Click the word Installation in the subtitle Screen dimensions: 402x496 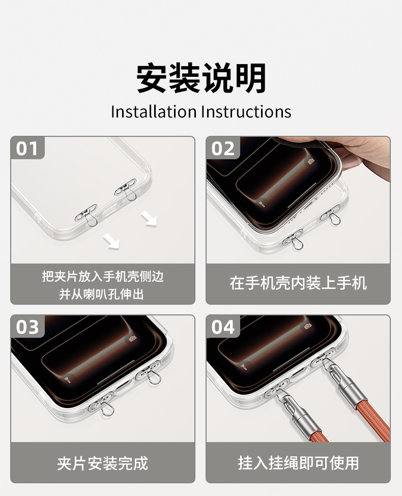coord(154,111)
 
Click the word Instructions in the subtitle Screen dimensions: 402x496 coord(246,111)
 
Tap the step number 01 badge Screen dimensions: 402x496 coord(27,148)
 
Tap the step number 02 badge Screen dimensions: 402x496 coord(223,148)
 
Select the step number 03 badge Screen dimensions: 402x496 coord(27,327)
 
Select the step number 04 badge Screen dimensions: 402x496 coord(223,327)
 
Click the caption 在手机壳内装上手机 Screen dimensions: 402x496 coord(298,283)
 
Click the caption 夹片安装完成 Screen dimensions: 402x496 coord(103,463)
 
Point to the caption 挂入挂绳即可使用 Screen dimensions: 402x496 coord(298,463)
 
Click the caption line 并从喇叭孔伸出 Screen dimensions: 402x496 coord(101,294)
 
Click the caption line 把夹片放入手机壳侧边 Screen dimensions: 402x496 coord(103,276)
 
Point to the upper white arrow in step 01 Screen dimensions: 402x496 coord(149,219)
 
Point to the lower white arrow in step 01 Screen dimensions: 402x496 coord(111,241)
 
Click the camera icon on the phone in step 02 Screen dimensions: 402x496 coord(311,161)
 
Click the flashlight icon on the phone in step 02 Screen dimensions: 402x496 coord(262,203)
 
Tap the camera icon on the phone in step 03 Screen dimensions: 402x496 coord(132,338)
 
